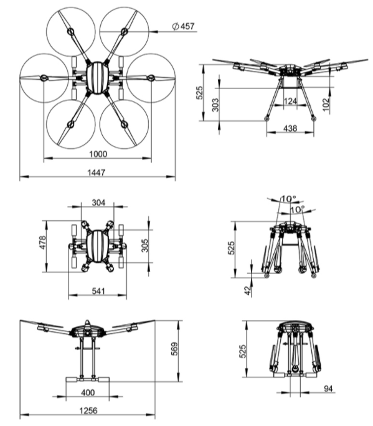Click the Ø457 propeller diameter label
point(183,26)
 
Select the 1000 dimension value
point(98,154)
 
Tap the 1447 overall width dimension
point(96,173)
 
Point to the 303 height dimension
point(215,105)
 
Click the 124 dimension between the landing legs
point(290,101)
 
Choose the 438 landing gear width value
point(290,128)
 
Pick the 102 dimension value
point(326,105)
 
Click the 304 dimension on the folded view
point(98,202)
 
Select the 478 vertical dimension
point(42,242)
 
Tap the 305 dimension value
point(145,245)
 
